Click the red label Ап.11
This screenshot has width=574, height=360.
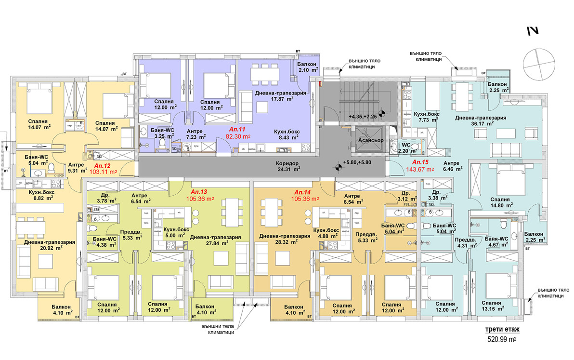(x=237, y=130)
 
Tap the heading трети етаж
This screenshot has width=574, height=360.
(x=503, y=330)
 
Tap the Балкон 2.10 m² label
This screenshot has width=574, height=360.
(x=306, y=67)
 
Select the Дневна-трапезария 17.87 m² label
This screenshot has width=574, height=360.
(x=281, y=95)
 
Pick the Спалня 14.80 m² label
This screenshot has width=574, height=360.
(x=501, y=201)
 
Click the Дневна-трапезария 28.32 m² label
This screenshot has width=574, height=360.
(x=285, y=240)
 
